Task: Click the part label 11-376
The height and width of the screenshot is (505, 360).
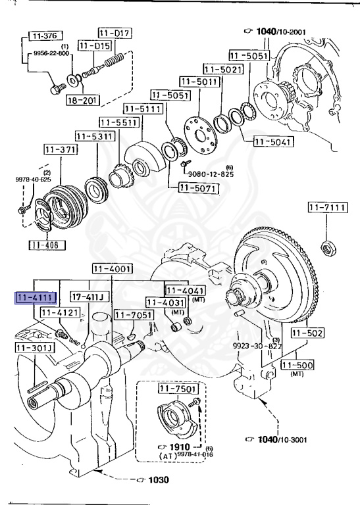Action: [43, 36]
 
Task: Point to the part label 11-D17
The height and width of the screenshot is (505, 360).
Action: [115, 32]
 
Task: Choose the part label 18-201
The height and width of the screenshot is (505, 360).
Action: [83, 101]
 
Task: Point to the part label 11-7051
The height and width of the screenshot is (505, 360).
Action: [133, 315]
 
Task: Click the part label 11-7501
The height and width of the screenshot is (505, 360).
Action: [177, 389]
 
